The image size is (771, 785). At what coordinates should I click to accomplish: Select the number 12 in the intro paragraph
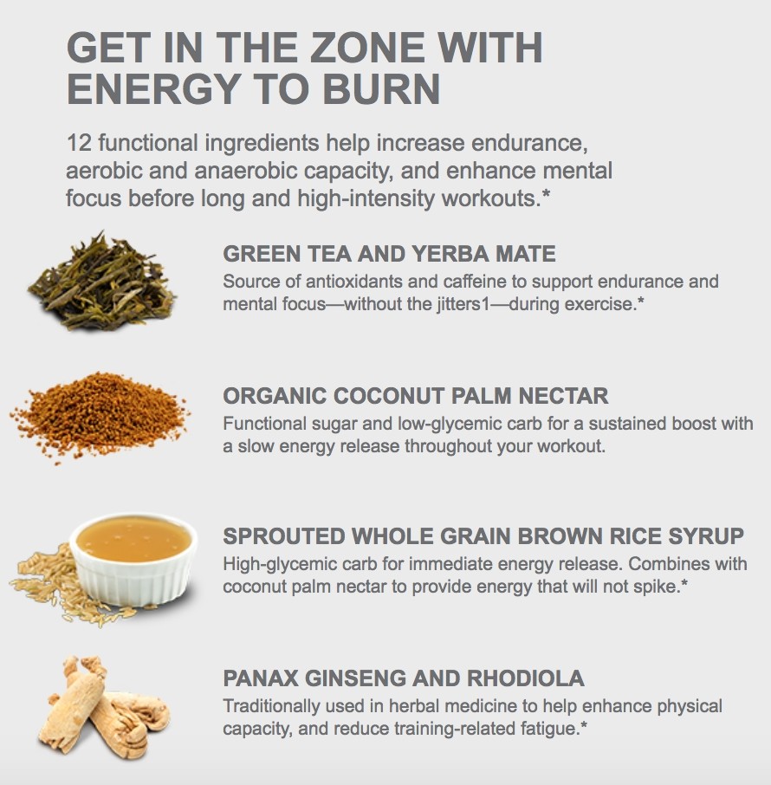pyautogui.click(x=78, y=142)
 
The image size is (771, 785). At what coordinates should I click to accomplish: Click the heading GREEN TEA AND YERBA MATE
pyautogui.click(x=389, y=254)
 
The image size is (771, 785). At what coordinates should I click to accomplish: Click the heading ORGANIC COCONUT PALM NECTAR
pyautogui.click(x=416, y=396)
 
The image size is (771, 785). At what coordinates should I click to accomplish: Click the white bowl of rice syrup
pyautogui.click(x=133, y=555)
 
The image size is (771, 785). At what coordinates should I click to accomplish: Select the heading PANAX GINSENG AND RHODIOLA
pyautogui.click(x=404, y=678)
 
